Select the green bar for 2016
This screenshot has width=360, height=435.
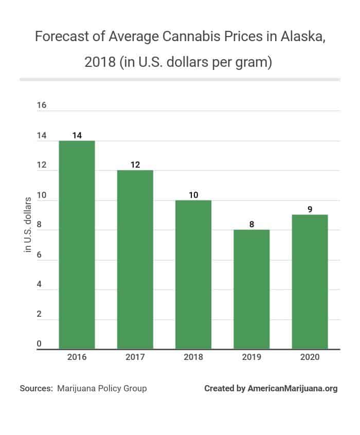coord(77,245)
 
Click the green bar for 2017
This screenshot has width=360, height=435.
coord(135,260)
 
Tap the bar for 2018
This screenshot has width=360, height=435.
coord(193,275)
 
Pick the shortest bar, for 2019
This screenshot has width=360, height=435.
coord(251,289)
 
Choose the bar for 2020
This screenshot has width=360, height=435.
coord(310,282)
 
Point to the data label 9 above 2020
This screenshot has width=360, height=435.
coord(310,209)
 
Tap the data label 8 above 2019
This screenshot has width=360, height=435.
coord(251,224)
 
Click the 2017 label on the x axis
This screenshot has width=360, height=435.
coord(135,357)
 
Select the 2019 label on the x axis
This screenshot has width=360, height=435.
coord(251,357)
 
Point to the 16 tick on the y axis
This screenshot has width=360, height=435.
coord(42,105)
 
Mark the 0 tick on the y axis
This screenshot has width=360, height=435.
coord(40,344)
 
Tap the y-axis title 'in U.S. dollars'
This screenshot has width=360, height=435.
coord(28,225)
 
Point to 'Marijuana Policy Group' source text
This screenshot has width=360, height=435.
coord(102,388)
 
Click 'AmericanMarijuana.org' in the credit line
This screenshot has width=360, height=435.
coord(293,388)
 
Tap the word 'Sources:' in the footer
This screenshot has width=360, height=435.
coord(36,388)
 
